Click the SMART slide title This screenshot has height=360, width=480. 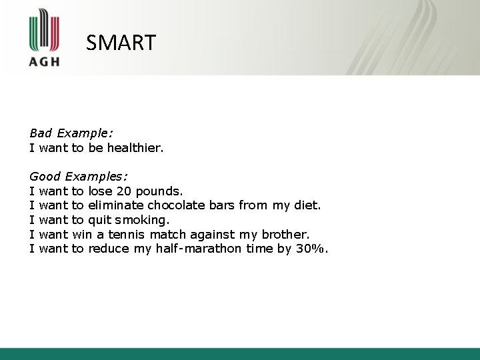[x=121, y=43]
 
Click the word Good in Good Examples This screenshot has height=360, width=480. [x=45, y=177]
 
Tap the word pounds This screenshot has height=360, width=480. [x=157, y=191]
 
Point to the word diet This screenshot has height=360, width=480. [x=307, y=205]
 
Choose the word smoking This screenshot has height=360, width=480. [x=142, y=220]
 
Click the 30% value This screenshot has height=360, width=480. [x=315, y=249]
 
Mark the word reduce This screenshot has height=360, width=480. [x=109, y=249]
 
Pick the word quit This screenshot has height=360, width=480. [x=99, y=220]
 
